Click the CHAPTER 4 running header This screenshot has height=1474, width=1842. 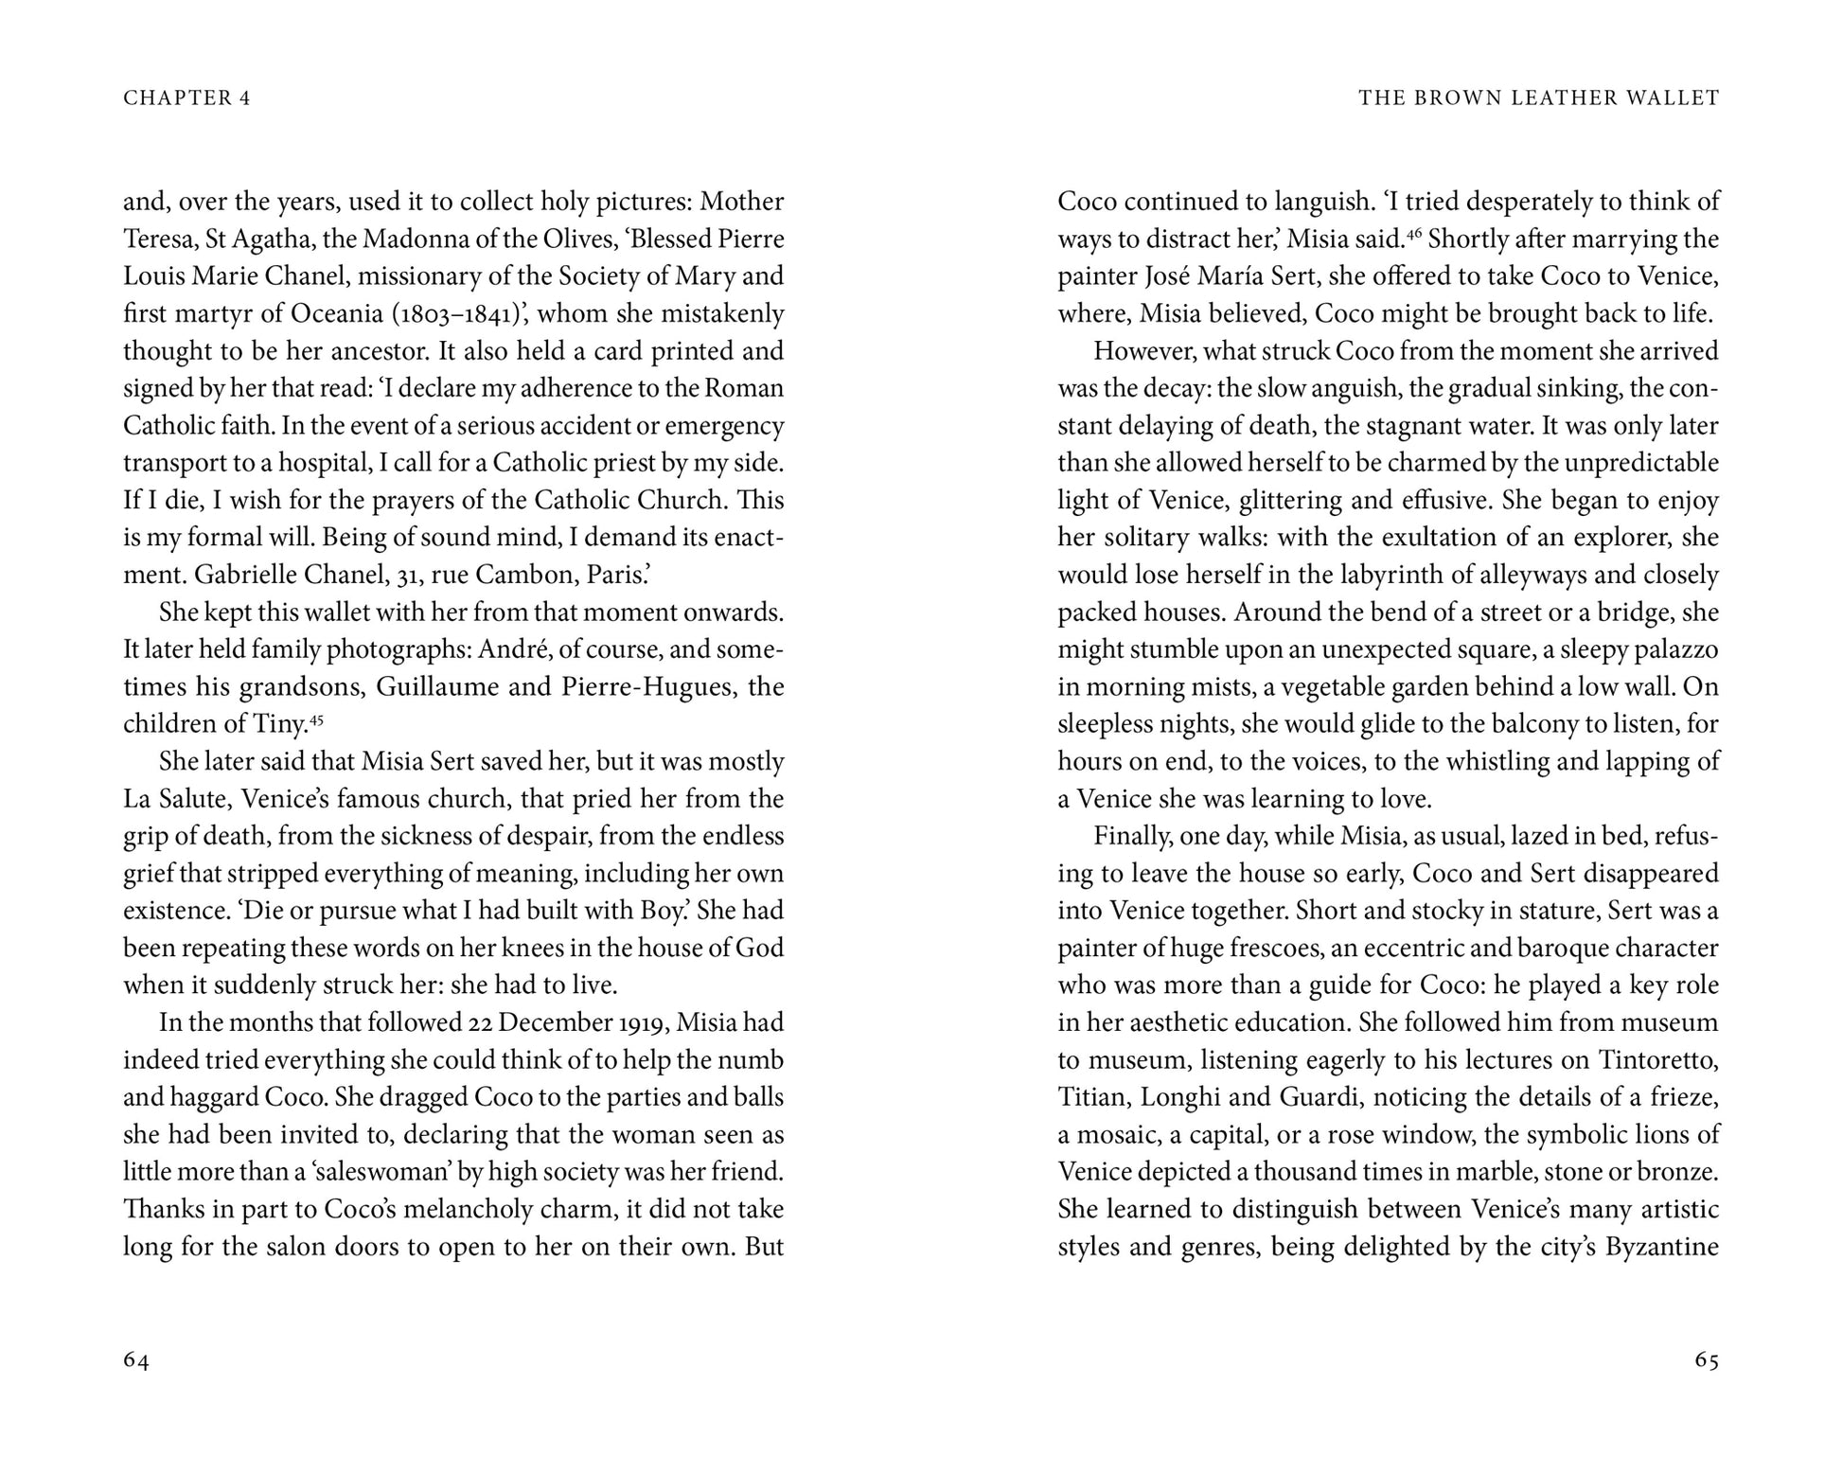click(x=186, y=98)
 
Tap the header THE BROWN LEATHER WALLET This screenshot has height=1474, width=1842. click(x=1538, y=98)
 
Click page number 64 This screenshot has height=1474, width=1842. click(x=136, y=1360)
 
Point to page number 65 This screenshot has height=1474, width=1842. click(x=1706, y=1360)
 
